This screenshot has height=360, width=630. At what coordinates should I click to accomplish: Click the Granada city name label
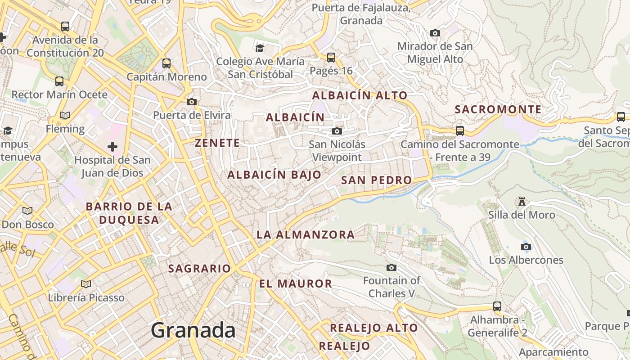click(193, 330)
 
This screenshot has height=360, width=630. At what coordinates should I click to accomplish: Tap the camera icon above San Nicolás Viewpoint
click(337, 131)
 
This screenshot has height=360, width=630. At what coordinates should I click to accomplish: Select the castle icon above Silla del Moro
click(522, 202)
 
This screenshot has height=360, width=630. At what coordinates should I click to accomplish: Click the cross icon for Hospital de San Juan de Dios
click(112, 147)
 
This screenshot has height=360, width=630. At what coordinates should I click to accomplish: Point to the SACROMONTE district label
click(498, 109)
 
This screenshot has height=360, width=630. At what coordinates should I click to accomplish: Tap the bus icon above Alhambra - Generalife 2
click(497, 306)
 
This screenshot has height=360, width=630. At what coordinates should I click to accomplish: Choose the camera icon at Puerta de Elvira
click(192, 102)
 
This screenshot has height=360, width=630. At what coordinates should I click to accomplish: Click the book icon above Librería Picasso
click(86, 284)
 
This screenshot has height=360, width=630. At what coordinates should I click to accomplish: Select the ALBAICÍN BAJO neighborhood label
click(274, 175)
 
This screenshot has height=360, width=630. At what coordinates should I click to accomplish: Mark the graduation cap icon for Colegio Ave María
click(260, 48)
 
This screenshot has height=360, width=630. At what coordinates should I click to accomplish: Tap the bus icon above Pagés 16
click(331, 58)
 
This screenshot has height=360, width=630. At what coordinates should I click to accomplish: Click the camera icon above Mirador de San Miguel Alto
click(435, 33)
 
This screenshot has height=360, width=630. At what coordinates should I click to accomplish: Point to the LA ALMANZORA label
click(306, 234)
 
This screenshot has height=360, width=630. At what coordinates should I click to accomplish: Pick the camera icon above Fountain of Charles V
click(391, 267)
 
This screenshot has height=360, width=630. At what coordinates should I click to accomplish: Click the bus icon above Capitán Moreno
click(166, 63)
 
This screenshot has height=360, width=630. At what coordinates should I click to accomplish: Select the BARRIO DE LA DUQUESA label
click(129, 213)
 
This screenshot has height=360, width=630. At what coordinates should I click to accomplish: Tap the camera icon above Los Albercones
click(526, 247)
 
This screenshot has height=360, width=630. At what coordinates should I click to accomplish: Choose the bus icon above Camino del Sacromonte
click(460, 131)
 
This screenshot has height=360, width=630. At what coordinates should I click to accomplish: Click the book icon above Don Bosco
click(27, 211)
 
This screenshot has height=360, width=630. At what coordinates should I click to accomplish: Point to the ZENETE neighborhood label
click(217, 143)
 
